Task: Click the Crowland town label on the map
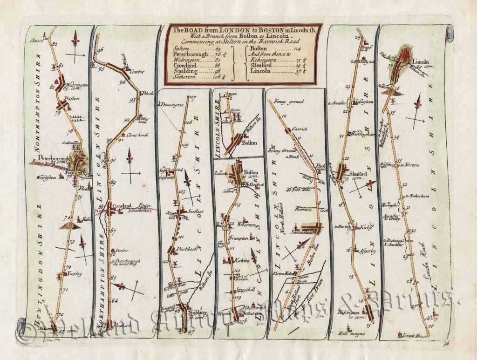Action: (x=122, y=205)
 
